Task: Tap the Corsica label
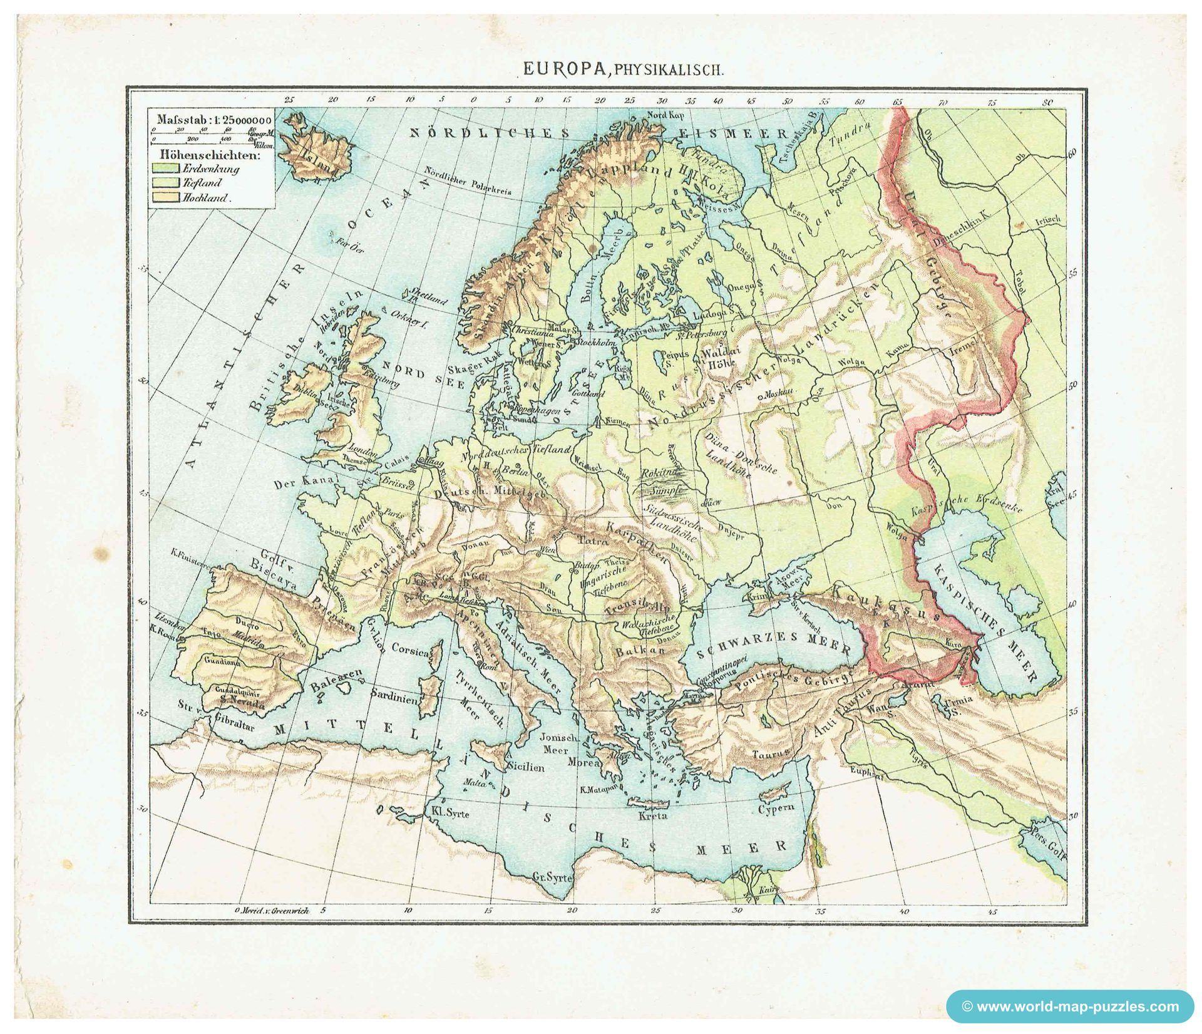tap(410, 651)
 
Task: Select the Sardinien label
tap(394, 696)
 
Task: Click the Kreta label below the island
tap(652, 815)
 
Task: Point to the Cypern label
tap(776, 808)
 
